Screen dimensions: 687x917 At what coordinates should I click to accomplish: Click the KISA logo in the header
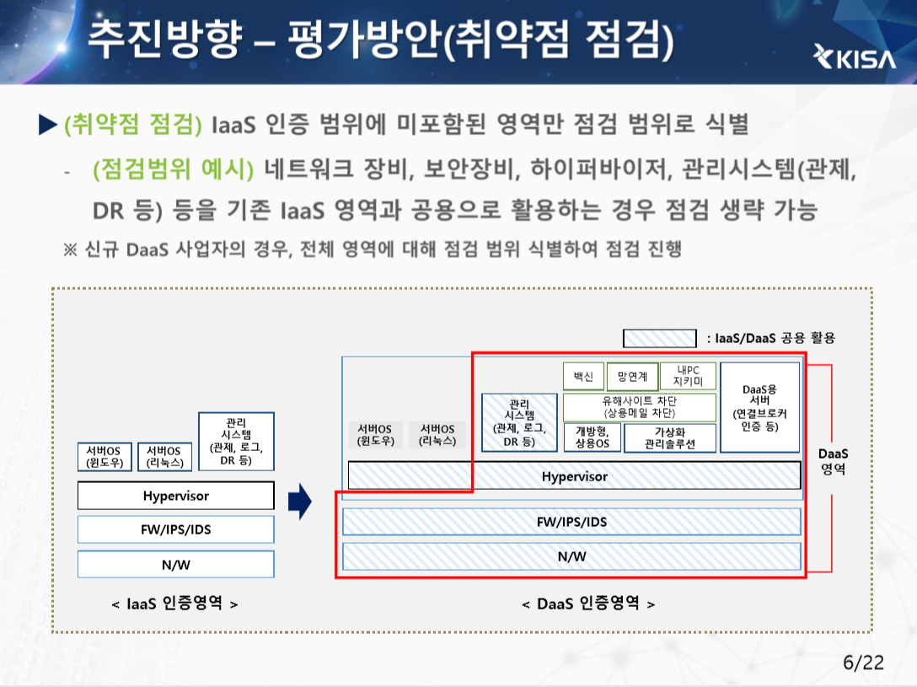[x=854, y=56]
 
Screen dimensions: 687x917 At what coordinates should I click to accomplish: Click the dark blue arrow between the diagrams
[x=300, y=503]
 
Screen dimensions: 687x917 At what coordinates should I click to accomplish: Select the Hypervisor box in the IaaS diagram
[x=175, y=496]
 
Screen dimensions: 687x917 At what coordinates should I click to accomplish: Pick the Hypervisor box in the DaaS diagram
[x=574, y=476]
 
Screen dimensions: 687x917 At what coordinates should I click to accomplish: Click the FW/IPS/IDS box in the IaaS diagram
[x=175, y=529]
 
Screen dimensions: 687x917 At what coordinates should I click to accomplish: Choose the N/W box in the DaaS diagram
[x=571, y=556]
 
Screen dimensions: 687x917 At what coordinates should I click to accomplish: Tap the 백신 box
[x=583, y=377]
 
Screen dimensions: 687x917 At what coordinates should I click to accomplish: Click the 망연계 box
[x=632, y=377]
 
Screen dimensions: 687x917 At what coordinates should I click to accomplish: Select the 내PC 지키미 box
[x=688, y=377]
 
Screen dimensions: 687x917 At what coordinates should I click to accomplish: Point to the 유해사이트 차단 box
[x=639, y=407]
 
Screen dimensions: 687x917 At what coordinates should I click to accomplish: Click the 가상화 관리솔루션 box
[x=670, y=438]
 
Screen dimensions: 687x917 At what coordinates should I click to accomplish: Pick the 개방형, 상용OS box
[x=592, y=438]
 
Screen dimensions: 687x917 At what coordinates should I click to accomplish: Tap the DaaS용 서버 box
[x=759, y=407]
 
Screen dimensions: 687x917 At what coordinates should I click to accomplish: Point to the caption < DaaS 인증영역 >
[x=588, y=604]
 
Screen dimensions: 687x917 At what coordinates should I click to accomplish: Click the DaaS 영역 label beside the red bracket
[x=833, y=461]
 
